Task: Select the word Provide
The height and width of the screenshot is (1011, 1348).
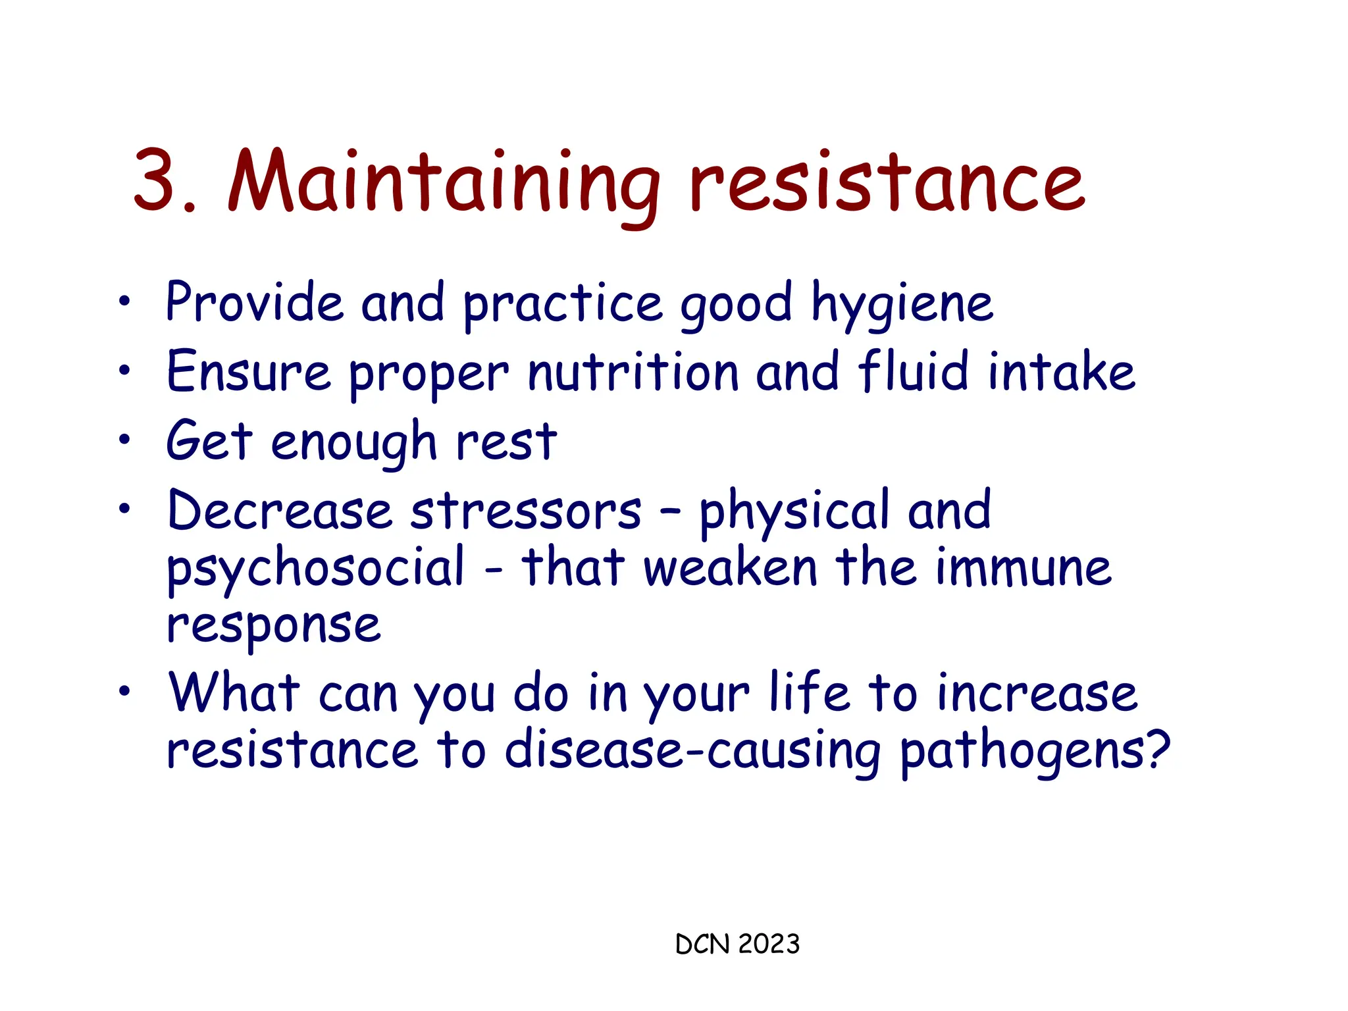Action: coord(254,303)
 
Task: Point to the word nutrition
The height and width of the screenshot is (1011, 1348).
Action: coord(633,373)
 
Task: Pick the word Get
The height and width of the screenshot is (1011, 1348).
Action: coord(209,440)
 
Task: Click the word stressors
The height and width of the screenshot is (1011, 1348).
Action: coord(525,511)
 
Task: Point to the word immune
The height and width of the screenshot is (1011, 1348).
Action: coord(1024,568)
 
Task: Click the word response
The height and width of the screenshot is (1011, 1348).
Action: coord(274,627)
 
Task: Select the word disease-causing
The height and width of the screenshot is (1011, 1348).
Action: coord(692,752)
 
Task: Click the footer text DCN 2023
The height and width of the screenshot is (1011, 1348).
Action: coord(737,945)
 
